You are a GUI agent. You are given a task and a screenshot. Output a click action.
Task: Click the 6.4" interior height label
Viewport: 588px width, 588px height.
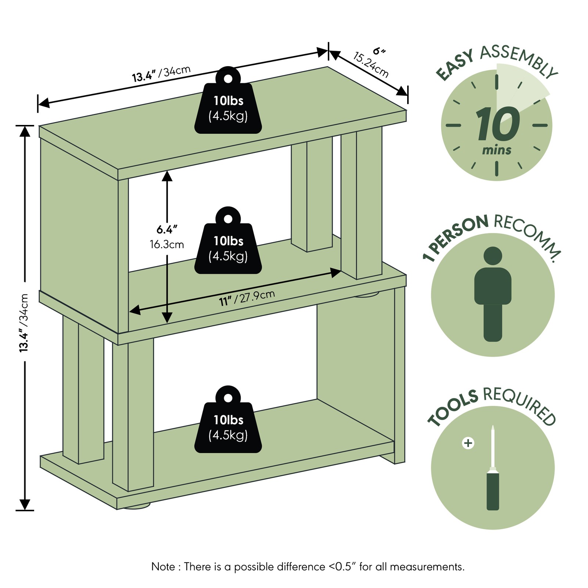(167, 230)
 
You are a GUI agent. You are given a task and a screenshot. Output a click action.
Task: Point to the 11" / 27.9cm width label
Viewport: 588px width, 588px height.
(247, 298)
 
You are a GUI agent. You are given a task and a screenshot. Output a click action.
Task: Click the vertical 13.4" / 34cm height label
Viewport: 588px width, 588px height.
(24, 323)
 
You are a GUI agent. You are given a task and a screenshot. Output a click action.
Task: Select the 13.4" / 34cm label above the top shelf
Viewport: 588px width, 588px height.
(161, 73)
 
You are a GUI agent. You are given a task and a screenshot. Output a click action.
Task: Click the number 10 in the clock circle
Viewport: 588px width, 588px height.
(498, 124)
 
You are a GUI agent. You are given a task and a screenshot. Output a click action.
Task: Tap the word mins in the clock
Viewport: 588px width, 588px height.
(497, 150)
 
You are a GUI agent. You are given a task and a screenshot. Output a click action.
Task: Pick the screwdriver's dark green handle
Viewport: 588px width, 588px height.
(493, 492)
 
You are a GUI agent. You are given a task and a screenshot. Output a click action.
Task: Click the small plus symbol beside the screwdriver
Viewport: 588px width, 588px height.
(468, 443)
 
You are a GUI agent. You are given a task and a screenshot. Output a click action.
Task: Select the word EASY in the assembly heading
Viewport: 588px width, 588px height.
(455, 65)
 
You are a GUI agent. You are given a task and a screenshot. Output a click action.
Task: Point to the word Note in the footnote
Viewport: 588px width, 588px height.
(163, 567)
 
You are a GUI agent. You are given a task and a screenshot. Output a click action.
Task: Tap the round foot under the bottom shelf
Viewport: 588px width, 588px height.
(137, 506)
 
